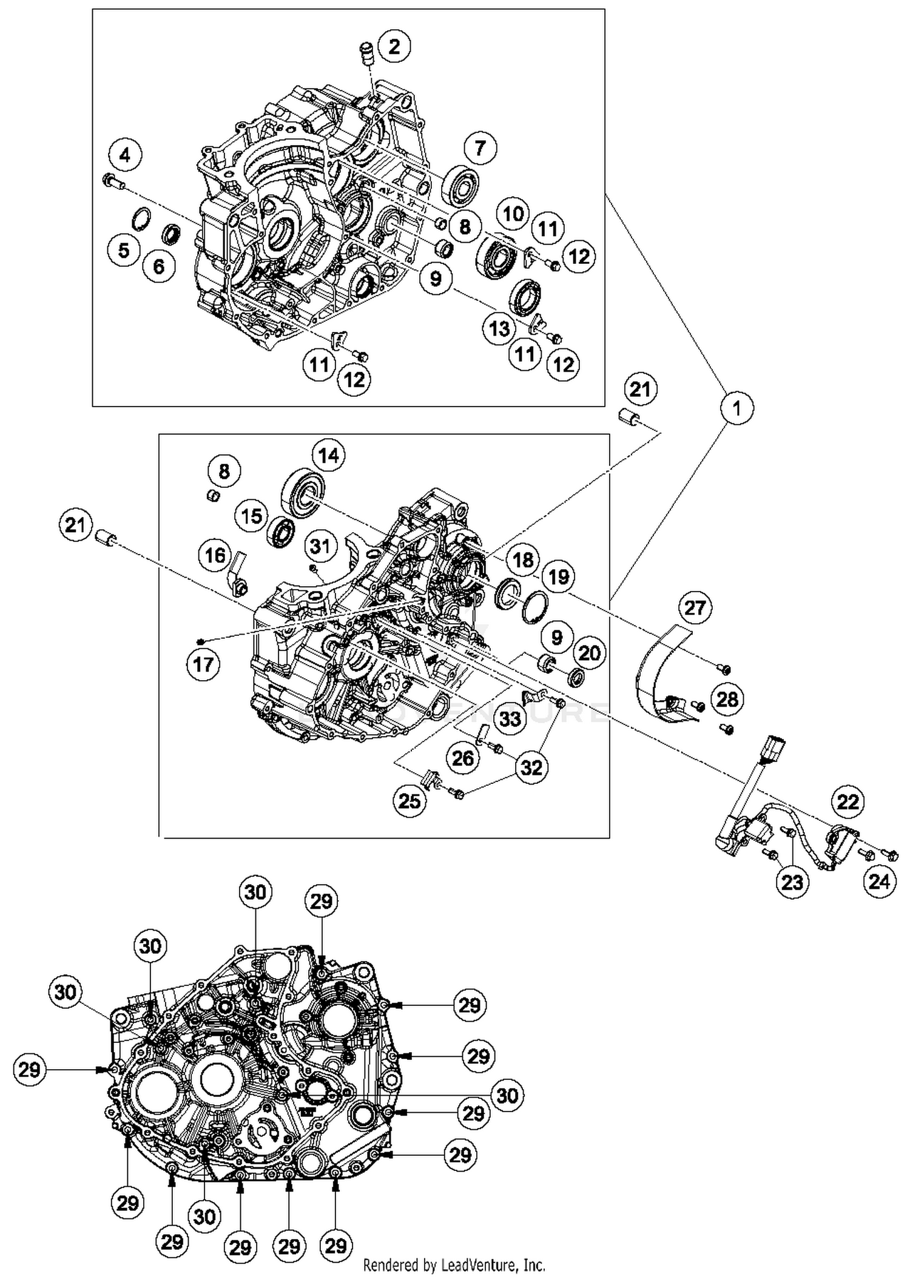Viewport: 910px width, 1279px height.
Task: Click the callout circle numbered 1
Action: pyautogui.click(x=737, y=408)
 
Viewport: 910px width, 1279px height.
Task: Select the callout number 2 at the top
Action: pyautogui.click(x=394, y=46)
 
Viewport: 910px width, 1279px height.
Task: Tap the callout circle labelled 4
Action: pyautogui.click(x=124, y=155)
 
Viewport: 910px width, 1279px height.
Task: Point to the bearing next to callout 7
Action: pyautogui.click(x=460, y=184)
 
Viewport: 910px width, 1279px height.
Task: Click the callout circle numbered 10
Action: pyautogui.click(x=513, y=213)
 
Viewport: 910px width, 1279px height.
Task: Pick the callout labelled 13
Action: pyautogui.click(x=499, y=329)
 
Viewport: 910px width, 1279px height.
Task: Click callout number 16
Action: pyautogui.click(x=215, y=555)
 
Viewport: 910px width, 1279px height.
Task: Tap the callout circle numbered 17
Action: pyautogui.click(x=203, y=664)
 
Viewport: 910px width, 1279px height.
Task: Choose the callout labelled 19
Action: pyautogui.click(x=558, y=576)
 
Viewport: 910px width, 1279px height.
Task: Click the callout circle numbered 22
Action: pyautogui.click(x=848, y=802)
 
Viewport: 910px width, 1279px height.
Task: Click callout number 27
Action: pyautogui.click(x=695, y=607)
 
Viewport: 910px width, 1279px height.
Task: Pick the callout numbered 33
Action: pyautogui.click(x=510, y=718)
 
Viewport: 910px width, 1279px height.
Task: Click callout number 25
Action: pyautogui.click(x=409, y=801)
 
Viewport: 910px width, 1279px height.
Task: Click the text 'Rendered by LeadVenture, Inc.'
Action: pyautogui.click(x=454, y=1266)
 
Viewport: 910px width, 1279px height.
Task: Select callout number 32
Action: pyautogui.click(x=531, y=767)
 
